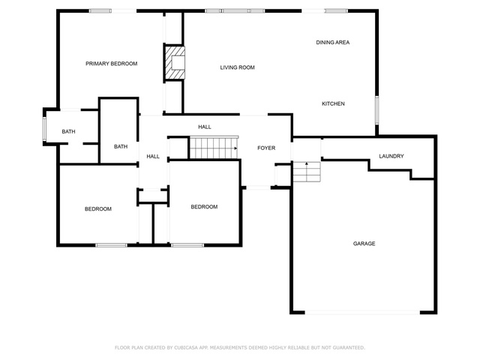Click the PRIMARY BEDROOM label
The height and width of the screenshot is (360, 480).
tap(112, 64)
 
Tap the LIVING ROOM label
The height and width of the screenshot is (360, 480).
tap(237, 67)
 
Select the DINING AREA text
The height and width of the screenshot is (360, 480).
tap(333, 42)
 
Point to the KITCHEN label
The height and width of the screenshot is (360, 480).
tap(333, 103)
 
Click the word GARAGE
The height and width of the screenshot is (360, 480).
tap(364, 244)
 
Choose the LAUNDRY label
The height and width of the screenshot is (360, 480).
tap(391, 156)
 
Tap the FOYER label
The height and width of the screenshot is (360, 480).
tap(266, 148)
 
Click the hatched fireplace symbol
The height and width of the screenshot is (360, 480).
tap(175, 63)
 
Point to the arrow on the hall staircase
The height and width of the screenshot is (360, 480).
tap(235, 148)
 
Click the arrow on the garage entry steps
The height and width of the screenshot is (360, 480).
tap(307, 164)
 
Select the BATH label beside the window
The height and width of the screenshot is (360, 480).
tap(68, 132)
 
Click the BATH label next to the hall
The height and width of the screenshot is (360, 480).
tap(121, 147)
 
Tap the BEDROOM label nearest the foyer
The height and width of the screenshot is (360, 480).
tap(204, 207)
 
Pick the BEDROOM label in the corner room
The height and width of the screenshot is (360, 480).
tap(98, 209)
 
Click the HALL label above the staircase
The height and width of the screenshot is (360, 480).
tap(205, 127)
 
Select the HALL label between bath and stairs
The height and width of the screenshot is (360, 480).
tap(153, 157)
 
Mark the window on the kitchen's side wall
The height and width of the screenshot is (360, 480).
tap(376, 110)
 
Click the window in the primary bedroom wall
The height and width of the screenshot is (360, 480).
tap(100, 11)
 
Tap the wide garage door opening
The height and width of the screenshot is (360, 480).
tap(362, 313)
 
